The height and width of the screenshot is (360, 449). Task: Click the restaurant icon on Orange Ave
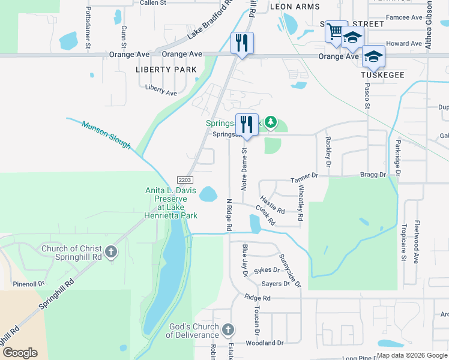(243, 43)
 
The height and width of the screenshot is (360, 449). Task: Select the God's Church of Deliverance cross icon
(228, 329)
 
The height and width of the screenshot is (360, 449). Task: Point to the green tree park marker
(271, 123)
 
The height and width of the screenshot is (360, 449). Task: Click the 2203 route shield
(185, 179)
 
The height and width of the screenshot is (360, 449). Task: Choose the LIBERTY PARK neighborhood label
(166, 70)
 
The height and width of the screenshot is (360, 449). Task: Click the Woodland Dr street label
(264, 343)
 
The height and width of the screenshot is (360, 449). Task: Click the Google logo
(20, 352)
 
